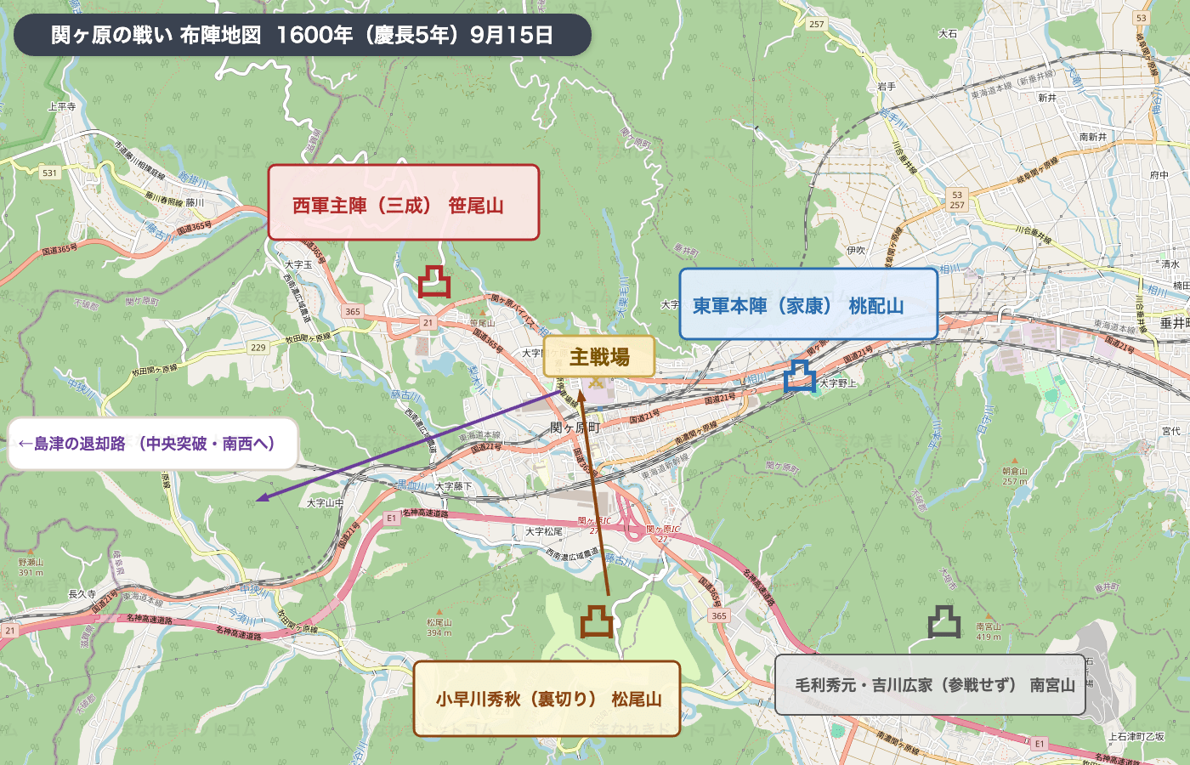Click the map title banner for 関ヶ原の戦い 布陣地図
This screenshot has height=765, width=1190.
[302, 35]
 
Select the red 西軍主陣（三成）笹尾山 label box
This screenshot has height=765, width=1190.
[404, 202]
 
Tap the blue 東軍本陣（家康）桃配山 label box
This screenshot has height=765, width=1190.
[807, 304]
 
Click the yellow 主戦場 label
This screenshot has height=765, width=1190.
[598, 356]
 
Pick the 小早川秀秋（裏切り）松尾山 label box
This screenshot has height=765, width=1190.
[547, 698]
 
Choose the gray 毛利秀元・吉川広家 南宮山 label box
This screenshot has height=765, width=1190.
[930, 684]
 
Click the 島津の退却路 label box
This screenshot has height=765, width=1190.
[152, 443]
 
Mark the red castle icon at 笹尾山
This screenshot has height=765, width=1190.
[434, 281]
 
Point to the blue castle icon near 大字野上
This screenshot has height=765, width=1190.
[799, 376]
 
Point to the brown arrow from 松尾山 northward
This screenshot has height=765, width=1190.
[594, 493]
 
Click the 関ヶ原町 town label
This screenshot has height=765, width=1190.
[575, 428]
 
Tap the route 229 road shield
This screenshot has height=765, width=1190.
[258, 347]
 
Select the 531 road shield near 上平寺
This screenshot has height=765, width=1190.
[50, 173]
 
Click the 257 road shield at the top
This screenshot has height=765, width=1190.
[817, 24]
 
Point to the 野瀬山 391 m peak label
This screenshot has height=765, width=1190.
[31, 567]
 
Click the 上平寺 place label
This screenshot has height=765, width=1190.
[62, 106]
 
